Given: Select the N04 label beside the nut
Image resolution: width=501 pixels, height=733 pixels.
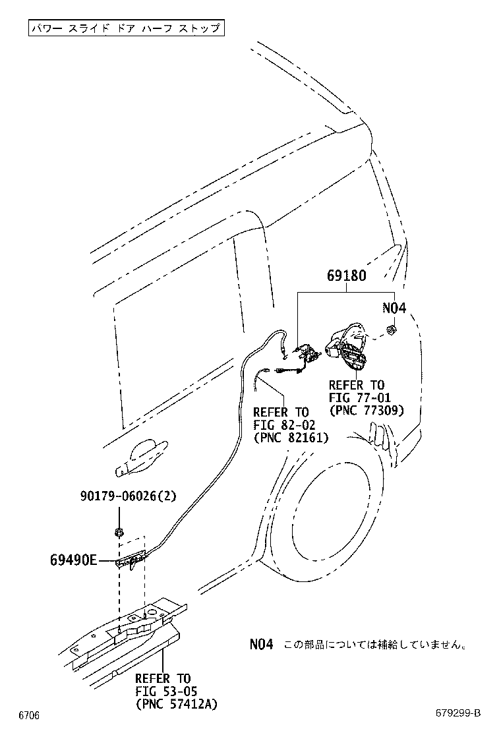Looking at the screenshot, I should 394,308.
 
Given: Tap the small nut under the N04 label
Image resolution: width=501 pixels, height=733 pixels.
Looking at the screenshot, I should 390,329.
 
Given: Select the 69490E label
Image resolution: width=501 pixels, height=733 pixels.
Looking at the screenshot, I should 73,560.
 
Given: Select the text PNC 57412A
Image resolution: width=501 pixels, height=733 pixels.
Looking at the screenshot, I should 176,704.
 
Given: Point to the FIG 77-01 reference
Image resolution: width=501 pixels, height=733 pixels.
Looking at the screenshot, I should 360,397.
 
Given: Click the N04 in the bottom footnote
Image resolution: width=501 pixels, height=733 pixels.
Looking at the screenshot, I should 260,644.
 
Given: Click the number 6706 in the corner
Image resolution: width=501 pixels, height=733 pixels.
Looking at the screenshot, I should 29,715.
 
